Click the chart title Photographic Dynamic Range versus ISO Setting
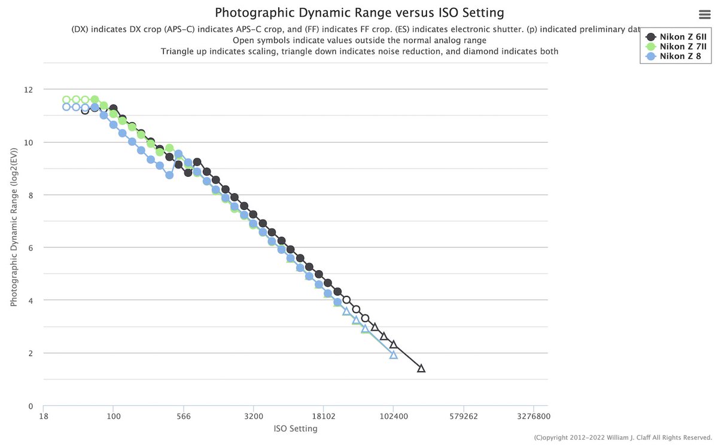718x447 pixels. click(x=359, y=12)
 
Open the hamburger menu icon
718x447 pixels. click(x=704, y=15)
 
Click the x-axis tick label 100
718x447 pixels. click(x=113, y=417)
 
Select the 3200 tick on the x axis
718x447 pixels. click(x=253, y=417)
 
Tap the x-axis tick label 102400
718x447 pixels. click(x=393, y=417)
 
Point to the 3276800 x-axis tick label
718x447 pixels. click(x=533, y=417)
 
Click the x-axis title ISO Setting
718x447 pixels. click(x=295, y=428)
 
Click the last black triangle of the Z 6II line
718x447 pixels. click(x=421, y=368)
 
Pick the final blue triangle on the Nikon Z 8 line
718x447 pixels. click(x=393, y=354)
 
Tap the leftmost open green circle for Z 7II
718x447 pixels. click(x=66, y=100)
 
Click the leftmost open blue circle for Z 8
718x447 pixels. click(x=66, y=107)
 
